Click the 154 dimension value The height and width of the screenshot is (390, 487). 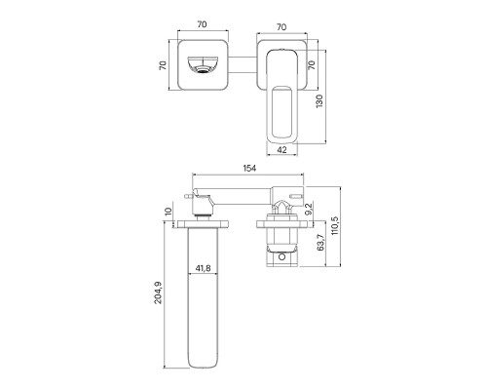tap(249, 168)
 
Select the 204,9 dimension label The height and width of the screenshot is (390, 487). tap(158, 292)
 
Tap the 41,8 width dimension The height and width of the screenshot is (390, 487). tap(203, 268)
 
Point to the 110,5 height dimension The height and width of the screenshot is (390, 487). tap(335, 225)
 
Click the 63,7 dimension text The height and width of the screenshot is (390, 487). tap(321, 242)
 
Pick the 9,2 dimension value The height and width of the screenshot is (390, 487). tap(309, 209)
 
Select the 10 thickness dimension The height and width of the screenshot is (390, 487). tap(168, 212)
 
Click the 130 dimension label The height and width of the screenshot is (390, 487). tap(319, 101)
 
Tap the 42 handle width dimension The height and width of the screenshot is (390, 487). tap(282, 150)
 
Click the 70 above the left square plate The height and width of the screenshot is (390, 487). tap(202, 24)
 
